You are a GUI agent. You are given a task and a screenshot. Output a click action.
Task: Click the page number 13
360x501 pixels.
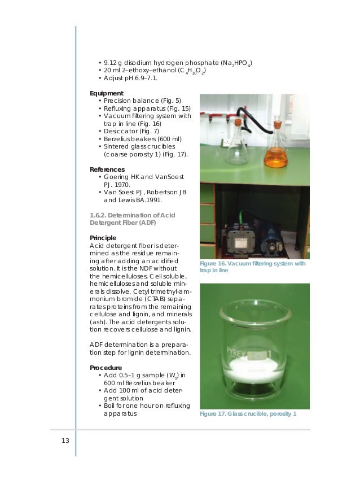65,441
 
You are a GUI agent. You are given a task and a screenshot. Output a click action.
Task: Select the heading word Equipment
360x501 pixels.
107,93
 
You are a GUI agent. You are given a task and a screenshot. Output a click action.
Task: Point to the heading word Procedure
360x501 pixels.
106,368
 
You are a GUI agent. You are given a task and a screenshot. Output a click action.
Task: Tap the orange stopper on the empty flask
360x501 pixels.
239,121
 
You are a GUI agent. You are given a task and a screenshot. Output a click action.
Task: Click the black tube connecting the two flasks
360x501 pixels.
257,113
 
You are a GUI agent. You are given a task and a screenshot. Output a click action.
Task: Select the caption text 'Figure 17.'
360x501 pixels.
213,415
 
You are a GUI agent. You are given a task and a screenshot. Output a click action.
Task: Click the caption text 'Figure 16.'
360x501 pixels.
213,264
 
